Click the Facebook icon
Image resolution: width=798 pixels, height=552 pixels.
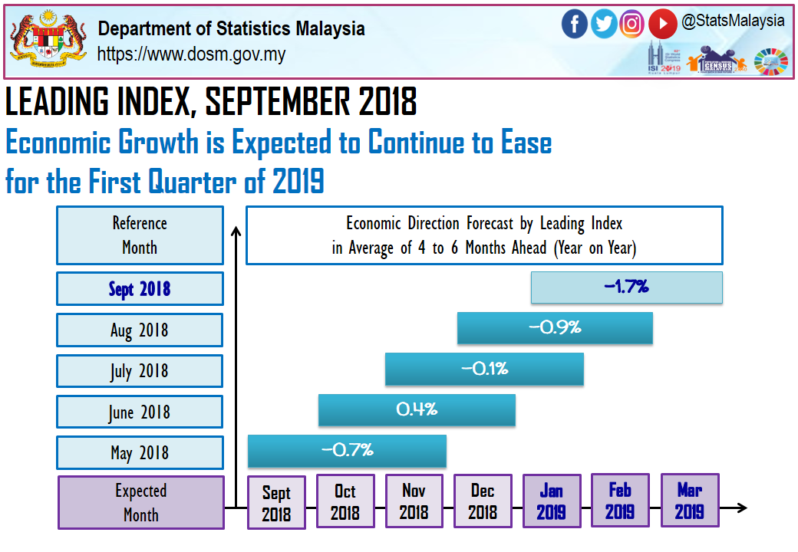click(574, 24)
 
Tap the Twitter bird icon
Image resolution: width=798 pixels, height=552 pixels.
click(604, 24)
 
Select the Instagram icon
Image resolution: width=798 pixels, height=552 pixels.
click(632, 24)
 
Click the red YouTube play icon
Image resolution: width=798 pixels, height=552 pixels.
click(662, 24)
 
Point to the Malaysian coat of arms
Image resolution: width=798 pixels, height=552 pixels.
click(48, 39)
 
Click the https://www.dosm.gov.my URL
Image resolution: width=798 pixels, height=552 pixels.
click(191, 54)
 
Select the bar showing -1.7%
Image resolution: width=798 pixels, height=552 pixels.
click(627, 287)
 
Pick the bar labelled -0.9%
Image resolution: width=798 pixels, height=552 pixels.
click(555, 328)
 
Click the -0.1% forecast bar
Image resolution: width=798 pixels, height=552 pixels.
click(484, 369)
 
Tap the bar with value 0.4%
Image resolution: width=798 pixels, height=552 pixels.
click(417, 409)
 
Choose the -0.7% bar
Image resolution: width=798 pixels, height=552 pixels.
click(347, 450)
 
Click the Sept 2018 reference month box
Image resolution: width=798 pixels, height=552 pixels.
click(140, 289)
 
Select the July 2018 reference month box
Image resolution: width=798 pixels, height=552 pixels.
click(140, 371)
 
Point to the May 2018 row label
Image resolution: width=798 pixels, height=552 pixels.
click(140, 452)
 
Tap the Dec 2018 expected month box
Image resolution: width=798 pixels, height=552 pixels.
click(483, 501)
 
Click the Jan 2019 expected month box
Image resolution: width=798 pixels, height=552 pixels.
click(551, 501)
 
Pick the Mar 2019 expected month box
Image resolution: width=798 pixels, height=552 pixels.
click(689, 501)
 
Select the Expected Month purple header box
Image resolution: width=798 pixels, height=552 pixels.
click(141, 502)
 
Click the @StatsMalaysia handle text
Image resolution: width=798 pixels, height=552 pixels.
click(733, 21)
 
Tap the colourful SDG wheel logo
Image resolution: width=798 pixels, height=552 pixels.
click(770, 61)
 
